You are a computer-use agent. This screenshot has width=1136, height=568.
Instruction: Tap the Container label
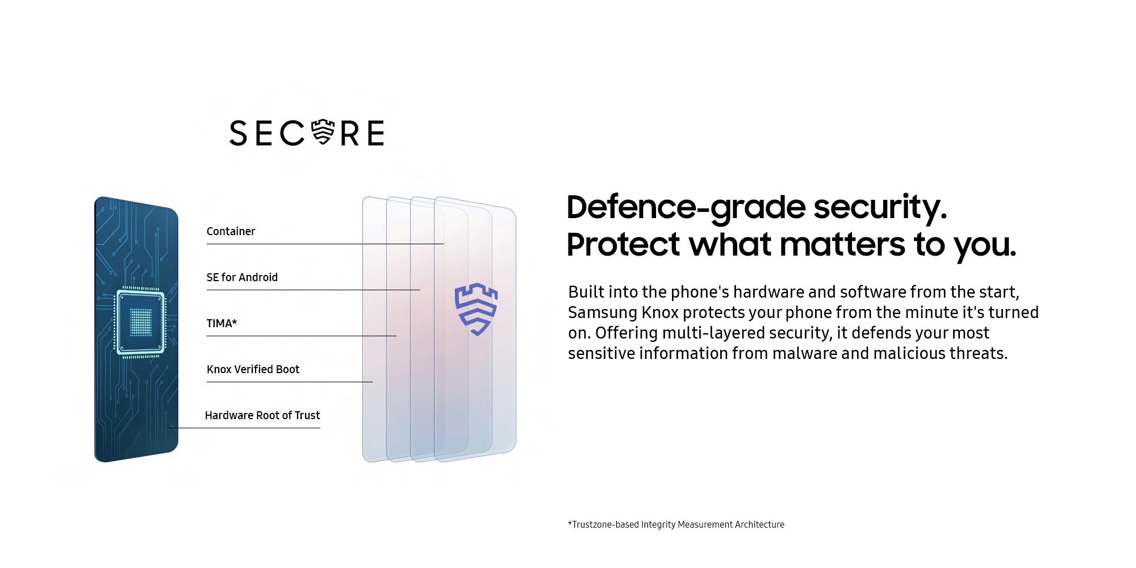point(231,231)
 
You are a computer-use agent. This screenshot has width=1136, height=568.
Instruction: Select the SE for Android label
point(242,277)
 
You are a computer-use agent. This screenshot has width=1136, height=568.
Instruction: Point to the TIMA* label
point(222,323)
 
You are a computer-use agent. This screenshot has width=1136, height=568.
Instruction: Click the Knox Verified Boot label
point(253,369)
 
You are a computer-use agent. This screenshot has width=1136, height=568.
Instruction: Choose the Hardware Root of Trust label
point(262,415)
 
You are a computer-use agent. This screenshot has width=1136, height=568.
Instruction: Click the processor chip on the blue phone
point(140,323)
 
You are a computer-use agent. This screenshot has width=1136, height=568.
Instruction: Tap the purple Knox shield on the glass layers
point(476,310)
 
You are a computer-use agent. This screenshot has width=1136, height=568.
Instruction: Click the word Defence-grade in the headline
point(686,208)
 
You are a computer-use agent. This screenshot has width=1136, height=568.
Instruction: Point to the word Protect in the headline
point(623,244)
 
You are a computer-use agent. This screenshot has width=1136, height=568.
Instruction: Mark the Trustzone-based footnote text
point(676,525)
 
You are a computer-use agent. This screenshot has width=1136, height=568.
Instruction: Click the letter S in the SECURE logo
point(239,133)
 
